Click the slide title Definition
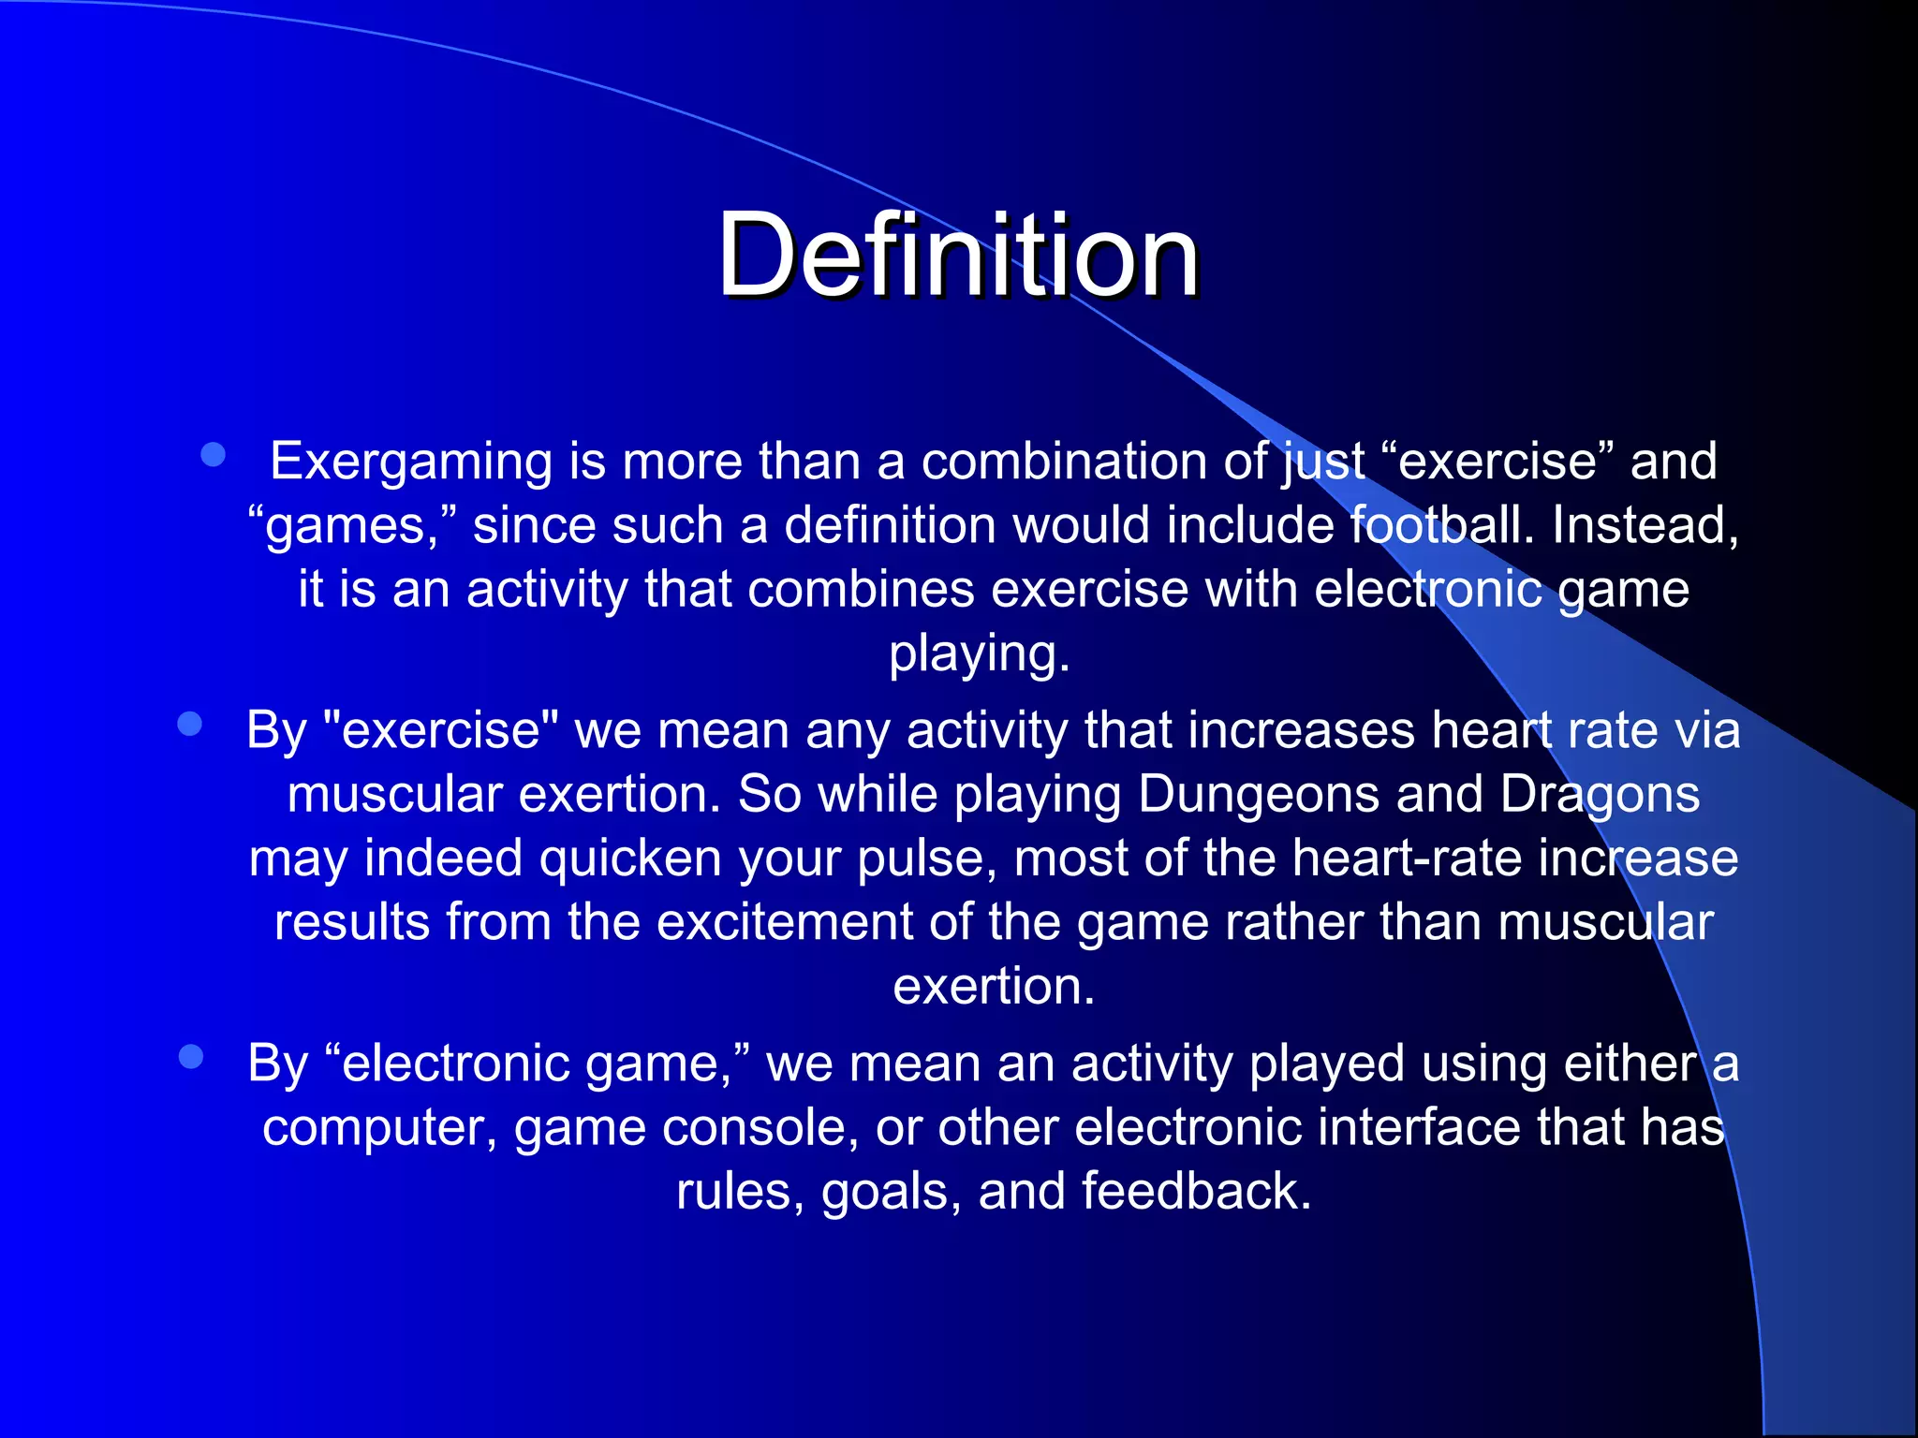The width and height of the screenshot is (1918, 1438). pos(957,255)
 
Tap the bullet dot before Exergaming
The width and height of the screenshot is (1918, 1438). pos(214,455)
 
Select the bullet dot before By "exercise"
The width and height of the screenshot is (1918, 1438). pos(190,724)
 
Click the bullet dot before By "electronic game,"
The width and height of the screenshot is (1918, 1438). pos(191,1057)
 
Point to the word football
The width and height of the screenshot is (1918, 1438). pos(1442,525)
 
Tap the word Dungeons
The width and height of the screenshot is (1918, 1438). pos(1258,795)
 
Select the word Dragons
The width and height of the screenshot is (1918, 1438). pos(1600,795)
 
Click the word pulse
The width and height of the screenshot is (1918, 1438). pos(925,858)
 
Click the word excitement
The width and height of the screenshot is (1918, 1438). pos(784,922)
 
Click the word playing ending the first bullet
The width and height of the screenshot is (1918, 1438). pos(978,653)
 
